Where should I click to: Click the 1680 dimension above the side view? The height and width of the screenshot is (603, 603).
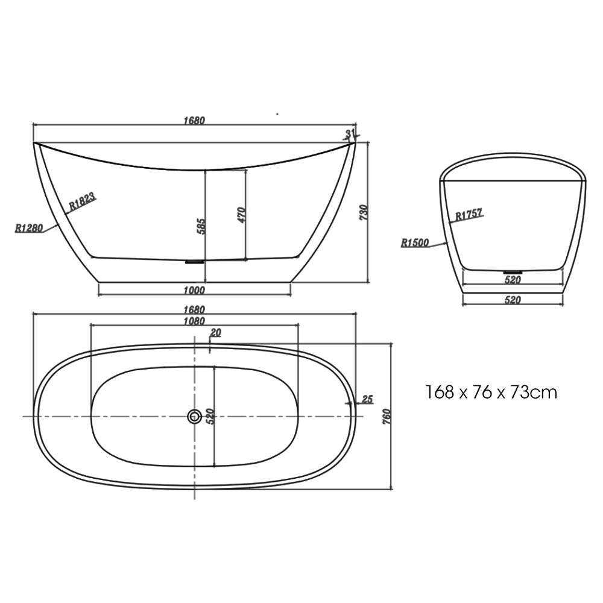(x=194, y=120)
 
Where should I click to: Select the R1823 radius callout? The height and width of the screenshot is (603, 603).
(x=82, y=201)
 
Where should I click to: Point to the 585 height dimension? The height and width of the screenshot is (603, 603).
(x=202, y=226)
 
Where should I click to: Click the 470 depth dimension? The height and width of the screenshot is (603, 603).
(x=241, y=214)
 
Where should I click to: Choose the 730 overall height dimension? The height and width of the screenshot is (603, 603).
(x=364, y=212)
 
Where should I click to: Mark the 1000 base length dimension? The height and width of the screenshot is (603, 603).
(x=194, y=290)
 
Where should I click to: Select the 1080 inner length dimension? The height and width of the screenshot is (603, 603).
(x=194, y=321)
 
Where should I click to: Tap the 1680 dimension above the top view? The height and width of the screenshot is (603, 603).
(x=194, y=309)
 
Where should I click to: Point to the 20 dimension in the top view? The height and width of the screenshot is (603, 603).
(x=215, y=333)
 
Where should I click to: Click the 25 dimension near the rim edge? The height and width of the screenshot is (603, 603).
(x=368, y=399)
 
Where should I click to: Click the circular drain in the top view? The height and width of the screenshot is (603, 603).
(x=194, y=416)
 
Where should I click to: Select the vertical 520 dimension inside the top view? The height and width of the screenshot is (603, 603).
(x=210, y=416)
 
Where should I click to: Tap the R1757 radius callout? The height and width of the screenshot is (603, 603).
(x=469, y=214)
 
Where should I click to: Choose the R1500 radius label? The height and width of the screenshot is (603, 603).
(x=415, y=243)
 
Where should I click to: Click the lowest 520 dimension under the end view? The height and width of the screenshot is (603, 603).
(x=513, y=300)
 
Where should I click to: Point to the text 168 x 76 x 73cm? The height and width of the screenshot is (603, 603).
(x=491, y=393)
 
